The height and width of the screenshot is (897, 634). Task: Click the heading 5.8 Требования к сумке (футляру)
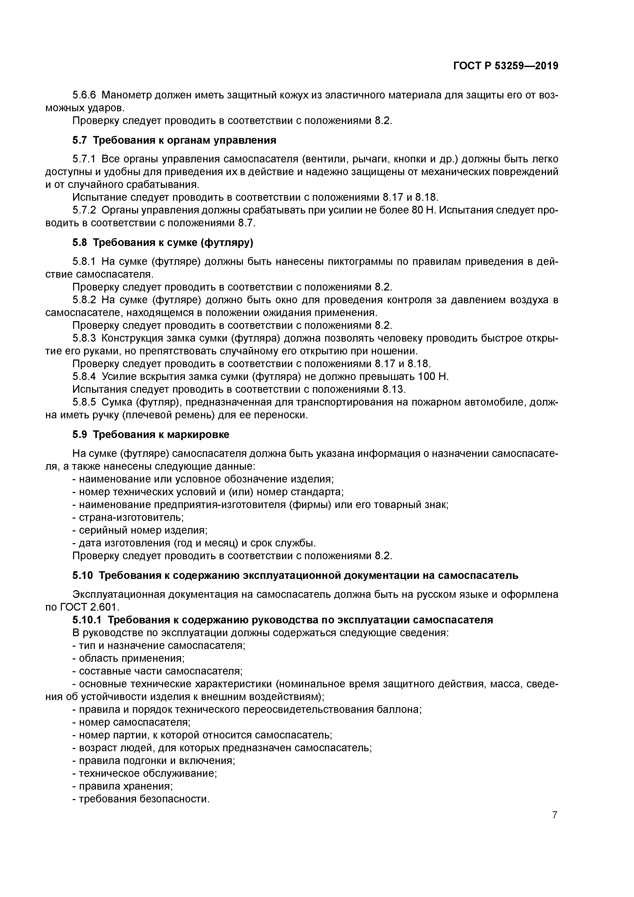[163, 243]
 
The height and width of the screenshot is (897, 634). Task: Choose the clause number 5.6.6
[84, 95]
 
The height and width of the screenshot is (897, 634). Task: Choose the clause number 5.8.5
[84, 402]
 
